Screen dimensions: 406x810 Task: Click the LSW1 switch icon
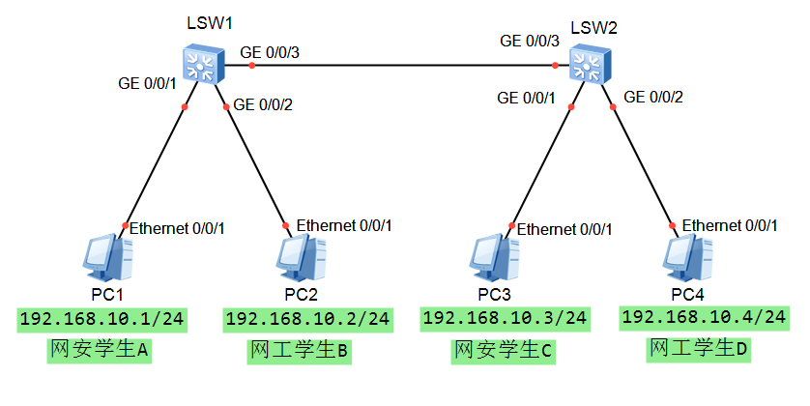(204, 63)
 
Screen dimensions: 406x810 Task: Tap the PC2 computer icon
(298, 256)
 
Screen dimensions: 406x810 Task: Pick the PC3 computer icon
(493, 257)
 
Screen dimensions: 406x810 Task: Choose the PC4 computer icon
(686, 255)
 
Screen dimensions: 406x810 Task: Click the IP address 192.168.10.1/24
(101, 318)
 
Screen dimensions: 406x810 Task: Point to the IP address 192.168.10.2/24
(307, 318)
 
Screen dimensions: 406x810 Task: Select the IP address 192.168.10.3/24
(505, 317)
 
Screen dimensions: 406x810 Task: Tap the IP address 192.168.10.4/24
(704, 317)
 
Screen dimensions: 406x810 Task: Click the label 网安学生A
(100, 350)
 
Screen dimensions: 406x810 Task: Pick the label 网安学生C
(503, 351)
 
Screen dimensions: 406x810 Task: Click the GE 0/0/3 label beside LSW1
(270, 51)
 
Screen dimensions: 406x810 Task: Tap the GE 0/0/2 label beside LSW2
(653, 97)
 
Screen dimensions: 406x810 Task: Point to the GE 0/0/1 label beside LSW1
(145, 83)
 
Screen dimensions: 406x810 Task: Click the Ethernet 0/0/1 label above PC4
(730, 225)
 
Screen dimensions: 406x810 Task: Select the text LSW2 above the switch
(593, 26)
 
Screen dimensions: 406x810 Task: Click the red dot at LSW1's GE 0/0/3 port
(250, 66)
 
